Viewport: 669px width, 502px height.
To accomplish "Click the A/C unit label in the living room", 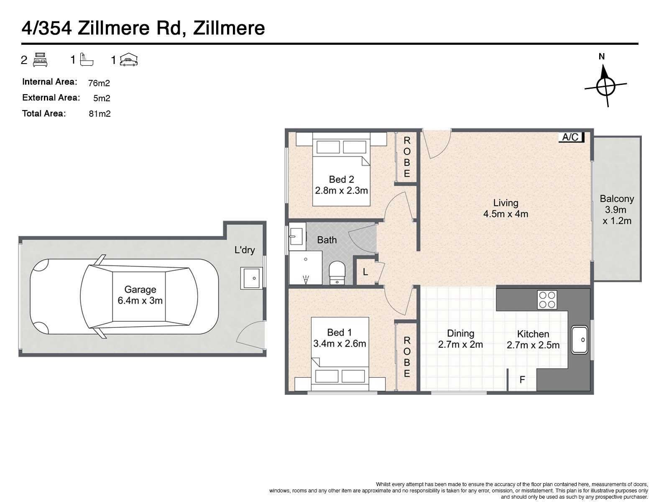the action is [x=571, y=137].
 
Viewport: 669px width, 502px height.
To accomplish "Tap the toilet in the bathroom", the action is [x=337, y=272].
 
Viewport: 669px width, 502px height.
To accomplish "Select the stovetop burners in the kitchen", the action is [x=547, y=300].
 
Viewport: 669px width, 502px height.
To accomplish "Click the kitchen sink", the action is [x=579, y=340].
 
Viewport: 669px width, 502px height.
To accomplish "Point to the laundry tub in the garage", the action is [x=251, y=278].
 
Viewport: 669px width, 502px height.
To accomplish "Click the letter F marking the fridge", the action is [x=522, y=380].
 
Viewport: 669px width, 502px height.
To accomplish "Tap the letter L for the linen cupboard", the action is [x=365, y=271].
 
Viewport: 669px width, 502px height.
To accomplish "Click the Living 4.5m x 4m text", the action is [x=506, y=208].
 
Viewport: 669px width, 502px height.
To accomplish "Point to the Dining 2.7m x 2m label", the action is [x=460, y=339].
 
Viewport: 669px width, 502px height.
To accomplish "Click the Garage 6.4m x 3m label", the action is [x=140, y=295].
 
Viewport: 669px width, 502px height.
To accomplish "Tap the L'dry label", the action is [x=245, y=250].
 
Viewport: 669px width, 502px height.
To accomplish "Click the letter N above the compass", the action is [x=602, y=56].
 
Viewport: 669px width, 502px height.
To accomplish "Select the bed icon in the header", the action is [x=40, y=60].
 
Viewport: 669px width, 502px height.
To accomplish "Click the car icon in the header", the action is [x=129, y=59].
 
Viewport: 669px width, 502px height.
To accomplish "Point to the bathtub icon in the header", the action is [x=87, y=59].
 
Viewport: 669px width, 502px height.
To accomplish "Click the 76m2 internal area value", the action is [x=99, y=83].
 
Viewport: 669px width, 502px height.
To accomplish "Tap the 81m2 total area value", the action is [x=100, y=114].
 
